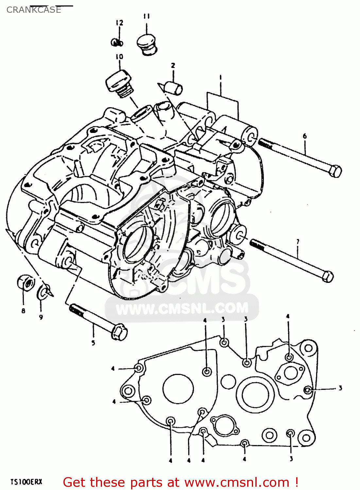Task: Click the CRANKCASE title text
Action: pos(34,10)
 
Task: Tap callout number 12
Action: pos(119,23)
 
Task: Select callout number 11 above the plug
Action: pos(146,16)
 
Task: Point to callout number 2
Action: pos(173,65)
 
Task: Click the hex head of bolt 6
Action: pos(335,171)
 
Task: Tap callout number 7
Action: pos(298,242)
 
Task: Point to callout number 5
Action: pos(93,343)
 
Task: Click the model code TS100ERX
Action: pos(26,482)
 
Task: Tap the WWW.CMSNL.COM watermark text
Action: pos(182,308)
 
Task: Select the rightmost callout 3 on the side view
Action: pos(340,388)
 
